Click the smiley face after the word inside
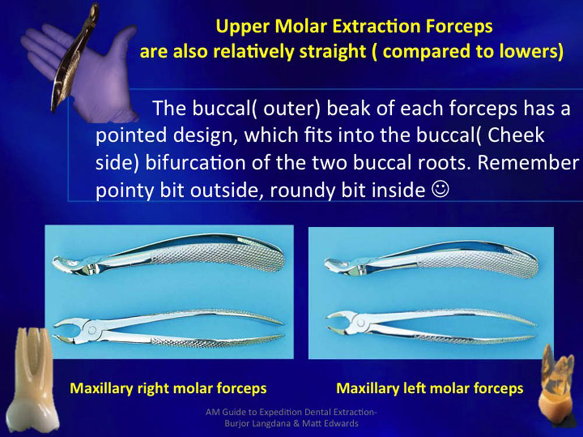440,189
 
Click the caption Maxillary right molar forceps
168,389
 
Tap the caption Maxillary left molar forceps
430,389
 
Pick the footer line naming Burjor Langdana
291,423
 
